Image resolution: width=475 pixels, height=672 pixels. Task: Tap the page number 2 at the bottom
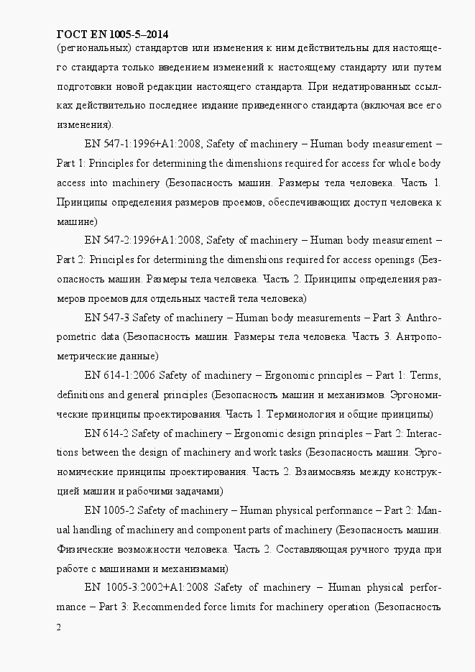[58, 627]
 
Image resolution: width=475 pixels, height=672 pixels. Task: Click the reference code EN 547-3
[107, 317]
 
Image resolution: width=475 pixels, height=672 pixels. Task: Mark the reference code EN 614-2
[106, 433]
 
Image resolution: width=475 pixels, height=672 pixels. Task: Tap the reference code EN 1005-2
[109, 511]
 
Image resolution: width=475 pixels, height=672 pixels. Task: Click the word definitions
[81, 395]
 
